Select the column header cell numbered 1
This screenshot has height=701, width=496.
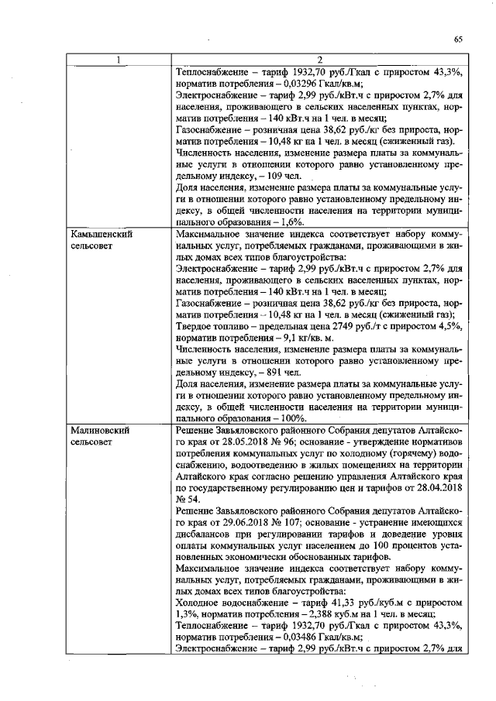click(x=118, y=60)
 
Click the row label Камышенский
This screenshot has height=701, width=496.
click(x=99, y=233)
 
